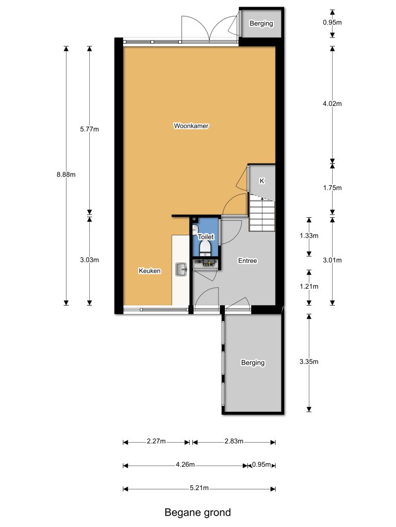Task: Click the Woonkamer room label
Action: pyautogui.click(x=191, y=126)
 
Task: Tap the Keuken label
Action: pyautogui.click(x=150, y=271)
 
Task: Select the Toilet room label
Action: pyautogui.click(x=206, y=237)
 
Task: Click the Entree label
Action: pyautogui.click(x=247, y=260)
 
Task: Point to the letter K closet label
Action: pyautogui.click(x=261, y=181)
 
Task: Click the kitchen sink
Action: pyautogui.click(x=181, y=269)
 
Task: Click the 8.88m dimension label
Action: pyautogui.click(x=66, y=174)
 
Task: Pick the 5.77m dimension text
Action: pyautogui.click(x=90, y=129)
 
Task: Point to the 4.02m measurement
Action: pyautogui.click(x=333, y=103)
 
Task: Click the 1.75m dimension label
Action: pyautogui.click(x=333, y=188)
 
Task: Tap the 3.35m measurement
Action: pyautogui.click(x=309, y=362)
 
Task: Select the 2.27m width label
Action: pyautogui.click(x=156, y=441)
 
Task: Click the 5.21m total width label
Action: pyautogui.click(x=199, y=488)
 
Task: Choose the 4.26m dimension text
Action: pyautogui.click(x=185, y=465)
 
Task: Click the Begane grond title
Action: pyautogui.click(x=197, y=513)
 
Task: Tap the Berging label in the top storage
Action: pyautogui.click(x=261, y=24)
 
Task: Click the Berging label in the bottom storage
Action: pyautogui.click(x=253, y=363)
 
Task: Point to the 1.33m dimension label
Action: pyautogui.click(x=309, y=236)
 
